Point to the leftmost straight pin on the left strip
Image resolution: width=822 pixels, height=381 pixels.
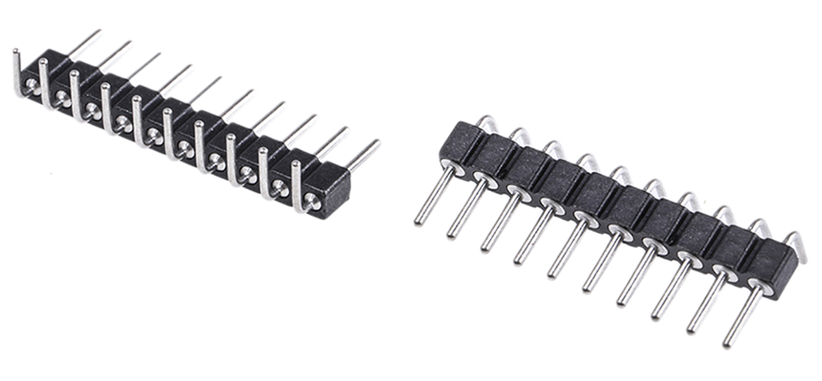(85, 42)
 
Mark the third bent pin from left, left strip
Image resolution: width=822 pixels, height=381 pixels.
(75, 96)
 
